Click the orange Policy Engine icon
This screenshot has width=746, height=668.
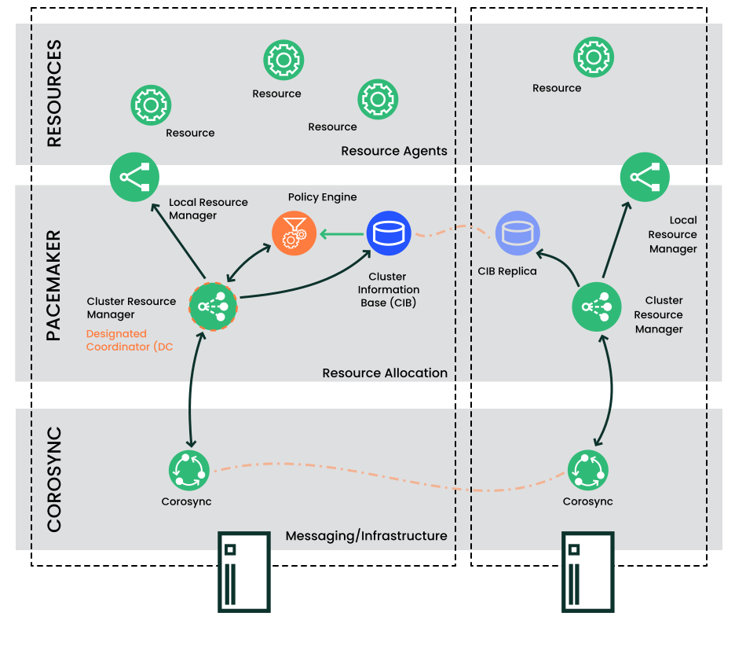[x=294, y=233]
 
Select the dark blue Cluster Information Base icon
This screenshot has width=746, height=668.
[x=389, y=233]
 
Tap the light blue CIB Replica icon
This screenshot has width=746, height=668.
[x=517, y=233]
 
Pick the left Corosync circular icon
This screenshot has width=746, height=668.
[x=189, y=471]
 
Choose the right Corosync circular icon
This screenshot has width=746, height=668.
[x=587, y=471]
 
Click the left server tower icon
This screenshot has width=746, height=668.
[x=243, y=571]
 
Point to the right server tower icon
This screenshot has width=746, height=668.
[x=588, y=571]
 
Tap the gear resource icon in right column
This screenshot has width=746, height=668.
[x=593, y=57]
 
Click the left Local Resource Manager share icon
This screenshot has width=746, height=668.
[x=134, y=177]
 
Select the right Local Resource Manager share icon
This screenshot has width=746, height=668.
[x=645, y=177]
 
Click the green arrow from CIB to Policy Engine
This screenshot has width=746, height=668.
[x=342, y=233]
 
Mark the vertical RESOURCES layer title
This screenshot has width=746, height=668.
[x=54, y=94]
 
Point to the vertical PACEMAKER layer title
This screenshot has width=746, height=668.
[x=54, y=285]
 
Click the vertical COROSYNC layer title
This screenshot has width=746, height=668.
[x=54, y=479]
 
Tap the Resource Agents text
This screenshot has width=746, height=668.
[x=393, y=151]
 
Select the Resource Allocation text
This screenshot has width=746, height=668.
[x=385, y=373]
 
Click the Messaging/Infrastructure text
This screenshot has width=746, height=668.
[x=366, y=536]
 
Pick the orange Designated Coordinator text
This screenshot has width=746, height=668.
[x=129, y=340]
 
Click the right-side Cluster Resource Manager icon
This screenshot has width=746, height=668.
[x=597, y=306]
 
